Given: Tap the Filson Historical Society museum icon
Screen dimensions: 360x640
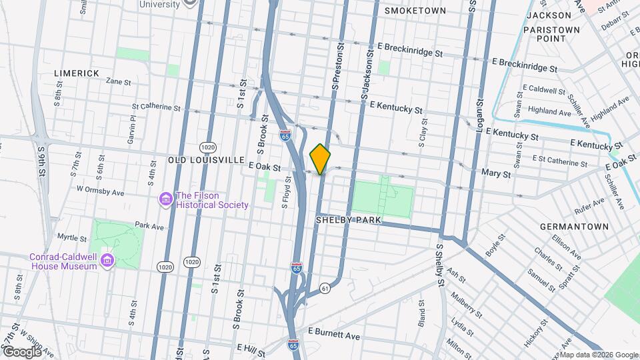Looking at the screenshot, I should point(164,199).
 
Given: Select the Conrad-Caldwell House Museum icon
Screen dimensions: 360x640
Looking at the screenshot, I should point(106,261).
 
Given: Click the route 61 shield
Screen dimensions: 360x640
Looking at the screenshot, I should point(325,287).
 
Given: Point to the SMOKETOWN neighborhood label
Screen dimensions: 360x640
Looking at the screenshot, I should point(415,11).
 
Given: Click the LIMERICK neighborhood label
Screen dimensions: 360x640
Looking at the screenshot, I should point(76,73).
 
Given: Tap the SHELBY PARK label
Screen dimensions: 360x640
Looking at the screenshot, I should point(347,219).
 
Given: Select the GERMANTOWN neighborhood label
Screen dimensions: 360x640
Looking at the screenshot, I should point(574,227).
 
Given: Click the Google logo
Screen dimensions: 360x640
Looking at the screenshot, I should point(21,351).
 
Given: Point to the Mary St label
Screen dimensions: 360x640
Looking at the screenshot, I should point(495,173).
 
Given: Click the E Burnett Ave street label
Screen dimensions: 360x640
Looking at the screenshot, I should point(333,331).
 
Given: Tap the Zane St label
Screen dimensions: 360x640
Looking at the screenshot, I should point(118,81).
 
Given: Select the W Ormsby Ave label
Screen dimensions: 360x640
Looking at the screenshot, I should point(100,189).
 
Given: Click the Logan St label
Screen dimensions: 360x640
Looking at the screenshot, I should point(479,114).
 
